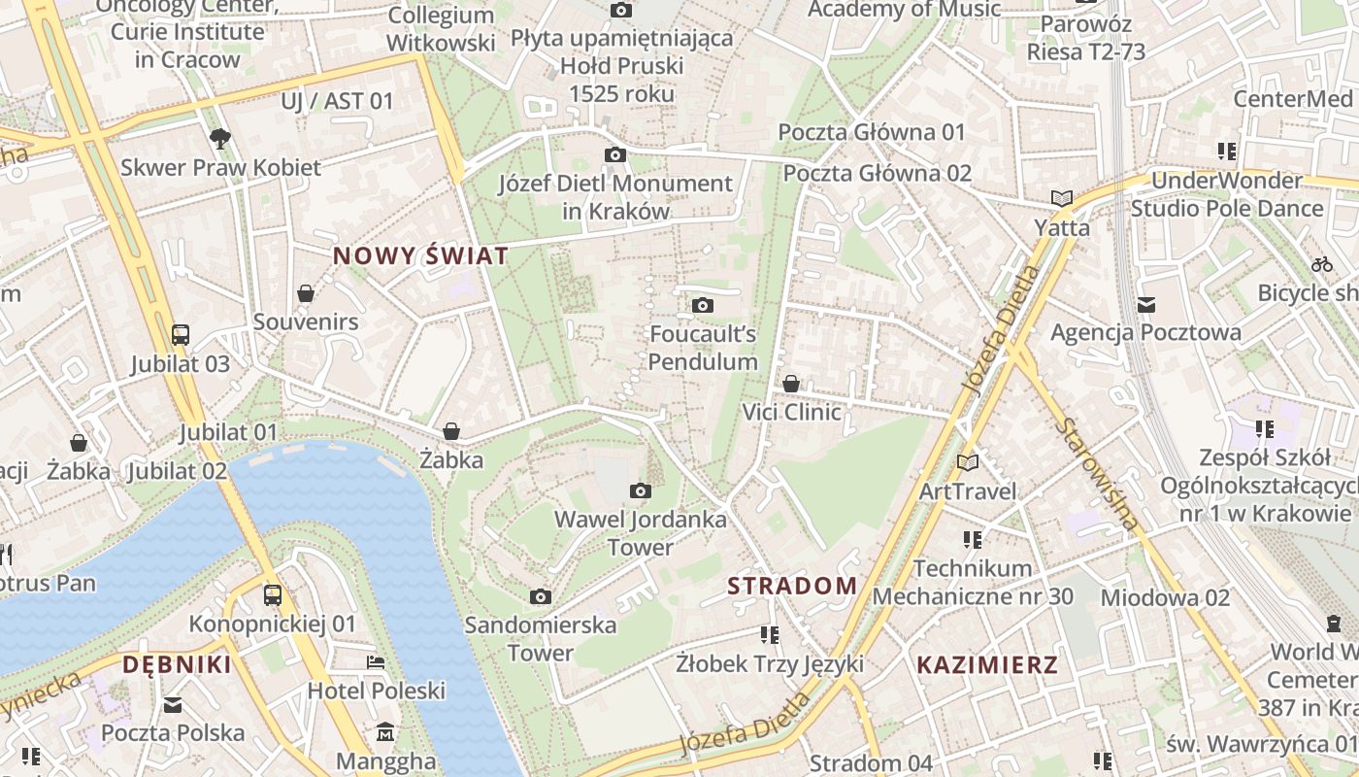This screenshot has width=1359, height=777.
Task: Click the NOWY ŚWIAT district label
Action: pos(420,256)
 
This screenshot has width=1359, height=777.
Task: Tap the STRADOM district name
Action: pos(792,586)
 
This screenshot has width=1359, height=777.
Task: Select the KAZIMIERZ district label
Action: pos(987,665)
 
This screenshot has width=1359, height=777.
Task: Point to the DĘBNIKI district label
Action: pos(177,664)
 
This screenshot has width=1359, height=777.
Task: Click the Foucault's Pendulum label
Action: pos(703,348)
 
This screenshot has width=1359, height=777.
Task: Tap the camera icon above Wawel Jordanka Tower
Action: pos(640,490)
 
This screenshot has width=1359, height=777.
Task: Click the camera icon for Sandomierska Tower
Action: pos(541,595)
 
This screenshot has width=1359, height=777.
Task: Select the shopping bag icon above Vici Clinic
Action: pos(791,384)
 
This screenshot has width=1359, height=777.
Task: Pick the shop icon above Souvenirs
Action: pos(306,293)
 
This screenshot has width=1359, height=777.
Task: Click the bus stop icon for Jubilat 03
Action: pos(181,335)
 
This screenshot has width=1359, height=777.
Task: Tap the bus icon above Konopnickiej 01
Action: pos(273,595)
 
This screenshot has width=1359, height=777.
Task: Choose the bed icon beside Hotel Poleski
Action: pos(376,662)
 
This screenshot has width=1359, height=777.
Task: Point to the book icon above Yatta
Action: pos(1061,199)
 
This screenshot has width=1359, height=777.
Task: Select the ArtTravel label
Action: pos(968,491)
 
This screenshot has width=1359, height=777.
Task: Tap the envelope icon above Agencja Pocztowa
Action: pos(1145,305)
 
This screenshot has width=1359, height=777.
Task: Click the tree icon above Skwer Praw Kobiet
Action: pos(220,139)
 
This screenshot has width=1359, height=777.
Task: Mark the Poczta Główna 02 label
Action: pos(877,173)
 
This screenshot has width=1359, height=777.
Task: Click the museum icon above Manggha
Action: pos(385,731)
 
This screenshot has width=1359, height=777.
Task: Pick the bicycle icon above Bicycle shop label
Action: pos(1321,264)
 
